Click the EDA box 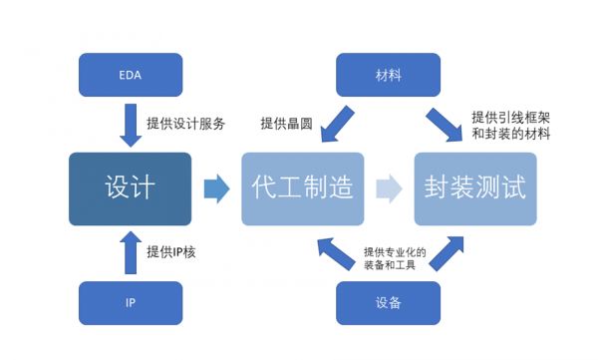tap(130, 74)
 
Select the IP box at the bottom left tap(130, 302)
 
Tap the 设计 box tap(130, 188)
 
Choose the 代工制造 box tap(302, 188)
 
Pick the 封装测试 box tap(474, 188)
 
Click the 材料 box tap(388, 74)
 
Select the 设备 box tap(388, 302)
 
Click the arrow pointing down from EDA tap(130, 124)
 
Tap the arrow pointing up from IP tap(130, 252)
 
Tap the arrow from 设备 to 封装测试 tap(446, 253)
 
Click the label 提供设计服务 tap(186, 124)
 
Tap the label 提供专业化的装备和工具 tap(395, 259)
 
